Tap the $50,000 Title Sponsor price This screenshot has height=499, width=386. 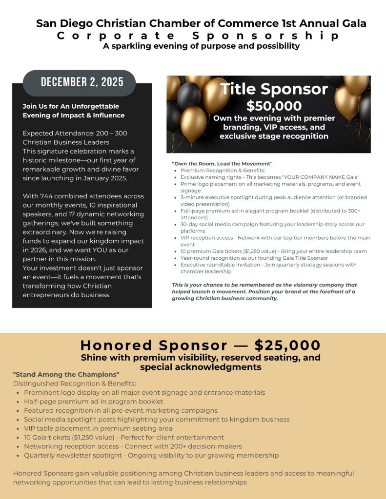(x=273, y=106)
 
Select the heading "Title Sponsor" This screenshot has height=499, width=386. (x=273, y=89)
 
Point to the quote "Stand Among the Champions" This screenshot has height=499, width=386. (x=66, y=374)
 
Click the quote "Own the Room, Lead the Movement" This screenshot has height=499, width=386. (x=222, y=163)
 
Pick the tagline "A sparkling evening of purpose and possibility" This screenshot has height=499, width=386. (x=201, y=46)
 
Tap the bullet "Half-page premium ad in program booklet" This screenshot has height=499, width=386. (x=94, y=402)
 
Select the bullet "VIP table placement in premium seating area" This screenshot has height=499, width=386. (x=98, y=428)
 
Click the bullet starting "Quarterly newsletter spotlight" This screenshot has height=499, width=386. (x=151, y=455)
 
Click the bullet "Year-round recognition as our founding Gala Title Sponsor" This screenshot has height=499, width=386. (x=254, y=258)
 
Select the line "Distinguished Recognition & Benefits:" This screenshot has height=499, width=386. (x=75, y=384)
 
